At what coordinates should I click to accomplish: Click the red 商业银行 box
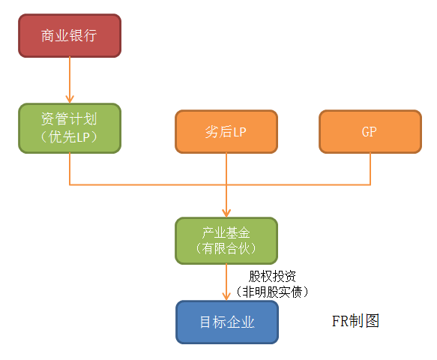70,36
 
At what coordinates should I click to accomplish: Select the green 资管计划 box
70,128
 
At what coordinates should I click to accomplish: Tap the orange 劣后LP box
226,131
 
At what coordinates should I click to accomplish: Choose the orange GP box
370,131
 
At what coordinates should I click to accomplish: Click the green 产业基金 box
226,241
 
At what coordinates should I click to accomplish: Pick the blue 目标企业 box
227,322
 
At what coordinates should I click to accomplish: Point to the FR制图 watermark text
355,321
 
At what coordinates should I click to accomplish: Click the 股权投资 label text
272,276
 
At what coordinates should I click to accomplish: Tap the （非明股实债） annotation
272,292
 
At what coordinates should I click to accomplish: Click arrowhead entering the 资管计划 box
70,100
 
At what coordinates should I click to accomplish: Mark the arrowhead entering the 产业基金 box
226,213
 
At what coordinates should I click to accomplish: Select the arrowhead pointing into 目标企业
226,296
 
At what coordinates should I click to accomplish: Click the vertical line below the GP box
370,169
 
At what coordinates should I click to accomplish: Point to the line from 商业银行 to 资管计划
70,80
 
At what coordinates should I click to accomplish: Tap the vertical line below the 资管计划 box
70,169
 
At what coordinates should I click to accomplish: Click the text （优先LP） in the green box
69,137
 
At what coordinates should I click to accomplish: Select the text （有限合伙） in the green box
226,248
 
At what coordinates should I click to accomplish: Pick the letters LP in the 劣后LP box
239,132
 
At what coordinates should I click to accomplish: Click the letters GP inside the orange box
370,131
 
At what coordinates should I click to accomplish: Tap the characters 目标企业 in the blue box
227,322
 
